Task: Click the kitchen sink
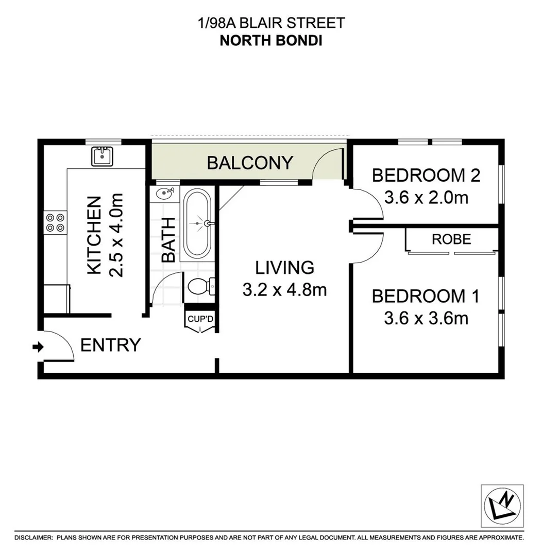pyautogui.click(x=103, y=156)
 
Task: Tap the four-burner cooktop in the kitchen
pyautogui.click(x=55, y=222)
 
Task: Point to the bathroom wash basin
pyautogui.click(x=166, y=195)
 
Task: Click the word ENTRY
pyautogui.click(x=111, y=345)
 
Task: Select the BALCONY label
pyautogui.click(x=250, y=163)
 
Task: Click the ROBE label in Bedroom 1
pyautogui.click(x=451, y=239)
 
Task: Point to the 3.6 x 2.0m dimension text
pyautogui.click(x=426, y=197)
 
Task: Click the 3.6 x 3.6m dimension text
pyautogui.click(x=426, y=318)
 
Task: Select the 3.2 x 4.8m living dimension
pyautogui.click(x=284, y=290)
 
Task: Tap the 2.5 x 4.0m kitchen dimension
pyautogui.click(x=117, y=235)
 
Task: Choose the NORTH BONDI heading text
pyautogui.click(x=271, y=41)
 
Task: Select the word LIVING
pyautogui.click(x=285, y=268)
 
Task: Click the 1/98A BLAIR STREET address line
pyautogui.click(x=271, y=23)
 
